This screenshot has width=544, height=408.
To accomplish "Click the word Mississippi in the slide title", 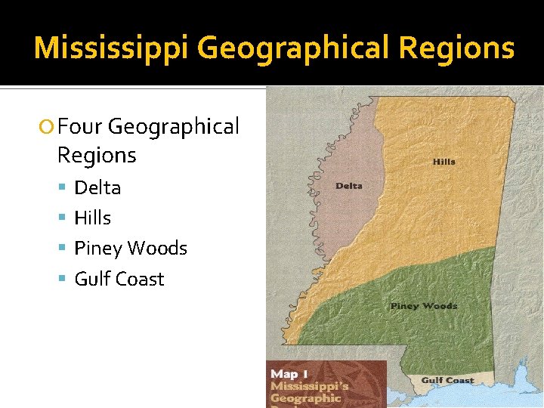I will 112,48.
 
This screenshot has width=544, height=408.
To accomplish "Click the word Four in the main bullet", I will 79,126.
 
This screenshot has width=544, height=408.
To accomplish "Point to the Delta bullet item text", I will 97,187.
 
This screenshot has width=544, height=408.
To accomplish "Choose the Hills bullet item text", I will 92,218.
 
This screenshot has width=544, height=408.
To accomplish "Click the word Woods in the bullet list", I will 158,249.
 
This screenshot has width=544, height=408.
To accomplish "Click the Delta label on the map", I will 348,186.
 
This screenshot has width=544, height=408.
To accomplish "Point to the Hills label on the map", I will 444,162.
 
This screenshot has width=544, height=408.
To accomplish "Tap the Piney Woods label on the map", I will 424,306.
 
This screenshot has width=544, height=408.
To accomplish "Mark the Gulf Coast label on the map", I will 447,381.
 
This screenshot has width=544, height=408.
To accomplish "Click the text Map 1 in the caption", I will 289,374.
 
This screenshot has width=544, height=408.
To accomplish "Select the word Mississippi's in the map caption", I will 310,386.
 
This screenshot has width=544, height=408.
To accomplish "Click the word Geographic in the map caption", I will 306,398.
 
